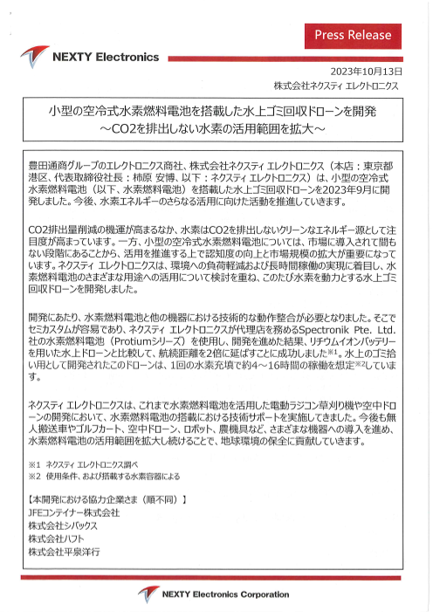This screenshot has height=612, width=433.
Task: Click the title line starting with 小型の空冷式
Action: [x=212, y=113]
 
